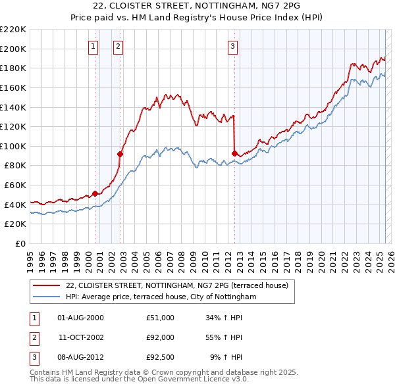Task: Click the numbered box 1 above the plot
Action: point(93,46)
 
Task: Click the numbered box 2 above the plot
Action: point(117,46)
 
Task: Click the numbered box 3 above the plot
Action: point(233,46)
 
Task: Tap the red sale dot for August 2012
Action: point(234,153)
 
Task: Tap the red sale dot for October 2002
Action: point(120,154)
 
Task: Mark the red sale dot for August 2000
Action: point(95,193)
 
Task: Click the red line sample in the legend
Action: point(46,286)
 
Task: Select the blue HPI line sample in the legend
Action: point(46,297)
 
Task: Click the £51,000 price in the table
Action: point(160,318)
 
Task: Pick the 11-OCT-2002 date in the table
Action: point(81,337)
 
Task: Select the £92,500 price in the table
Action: point(160,357)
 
